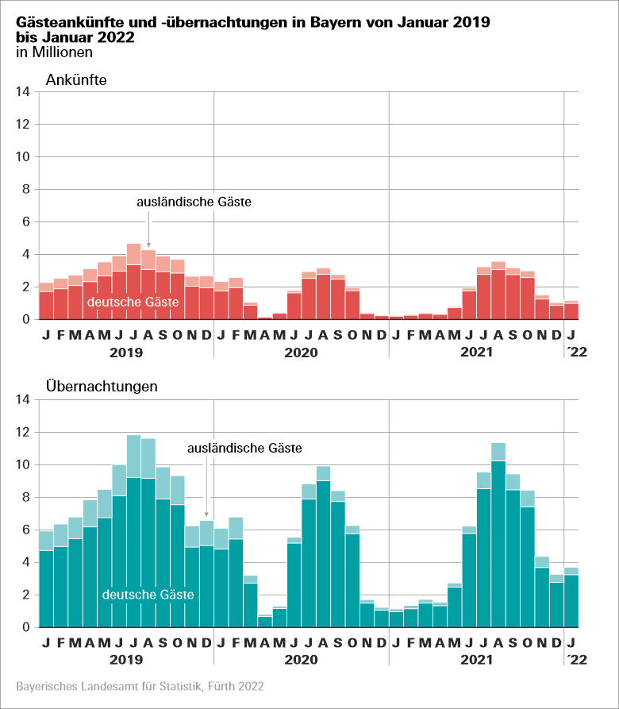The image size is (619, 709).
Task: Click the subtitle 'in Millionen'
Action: tap(55, 52)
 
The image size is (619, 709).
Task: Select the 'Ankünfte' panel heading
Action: tap(76, 79)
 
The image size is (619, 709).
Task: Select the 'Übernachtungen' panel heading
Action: tap(102, 387)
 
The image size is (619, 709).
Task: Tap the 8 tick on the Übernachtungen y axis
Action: tap(25, 497)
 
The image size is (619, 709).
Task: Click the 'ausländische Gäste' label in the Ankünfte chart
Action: tap(194, 202)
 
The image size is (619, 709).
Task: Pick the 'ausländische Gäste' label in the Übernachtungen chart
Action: tap(244, 449)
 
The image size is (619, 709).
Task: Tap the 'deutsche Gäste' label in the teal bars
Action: tap(148, 594)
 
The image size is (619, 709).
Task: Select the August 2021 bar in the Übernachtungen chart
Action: tap(498, 548)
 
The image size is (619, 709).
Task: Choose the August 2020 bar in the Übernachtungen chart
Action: tap(323, 556)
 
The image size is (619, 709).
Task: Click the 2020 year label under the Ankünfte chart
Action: tap(301, 351)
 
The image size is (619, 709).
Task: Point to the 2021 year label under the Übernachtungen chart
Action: tap(476, 659)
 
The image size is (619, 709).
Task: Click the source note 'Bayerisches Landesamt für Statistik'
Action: tap(140, 685)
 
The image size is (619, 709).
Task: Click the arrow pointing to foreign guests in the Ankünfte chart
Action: tap(148, 230)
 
